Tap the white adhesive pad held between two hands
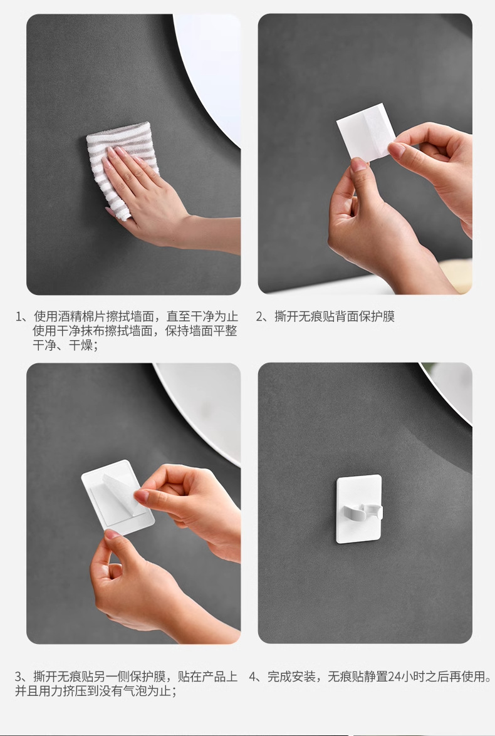coord(366,132)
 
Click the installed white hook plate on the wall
coord(359,509)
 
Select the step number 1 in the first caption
coord(19,316)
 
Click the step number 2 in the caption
coord(259,316)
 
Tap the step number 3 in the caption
coord(18,677)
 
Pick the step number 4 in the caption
coord(253,677)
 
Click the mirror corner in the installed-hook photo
coord(449,390)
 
